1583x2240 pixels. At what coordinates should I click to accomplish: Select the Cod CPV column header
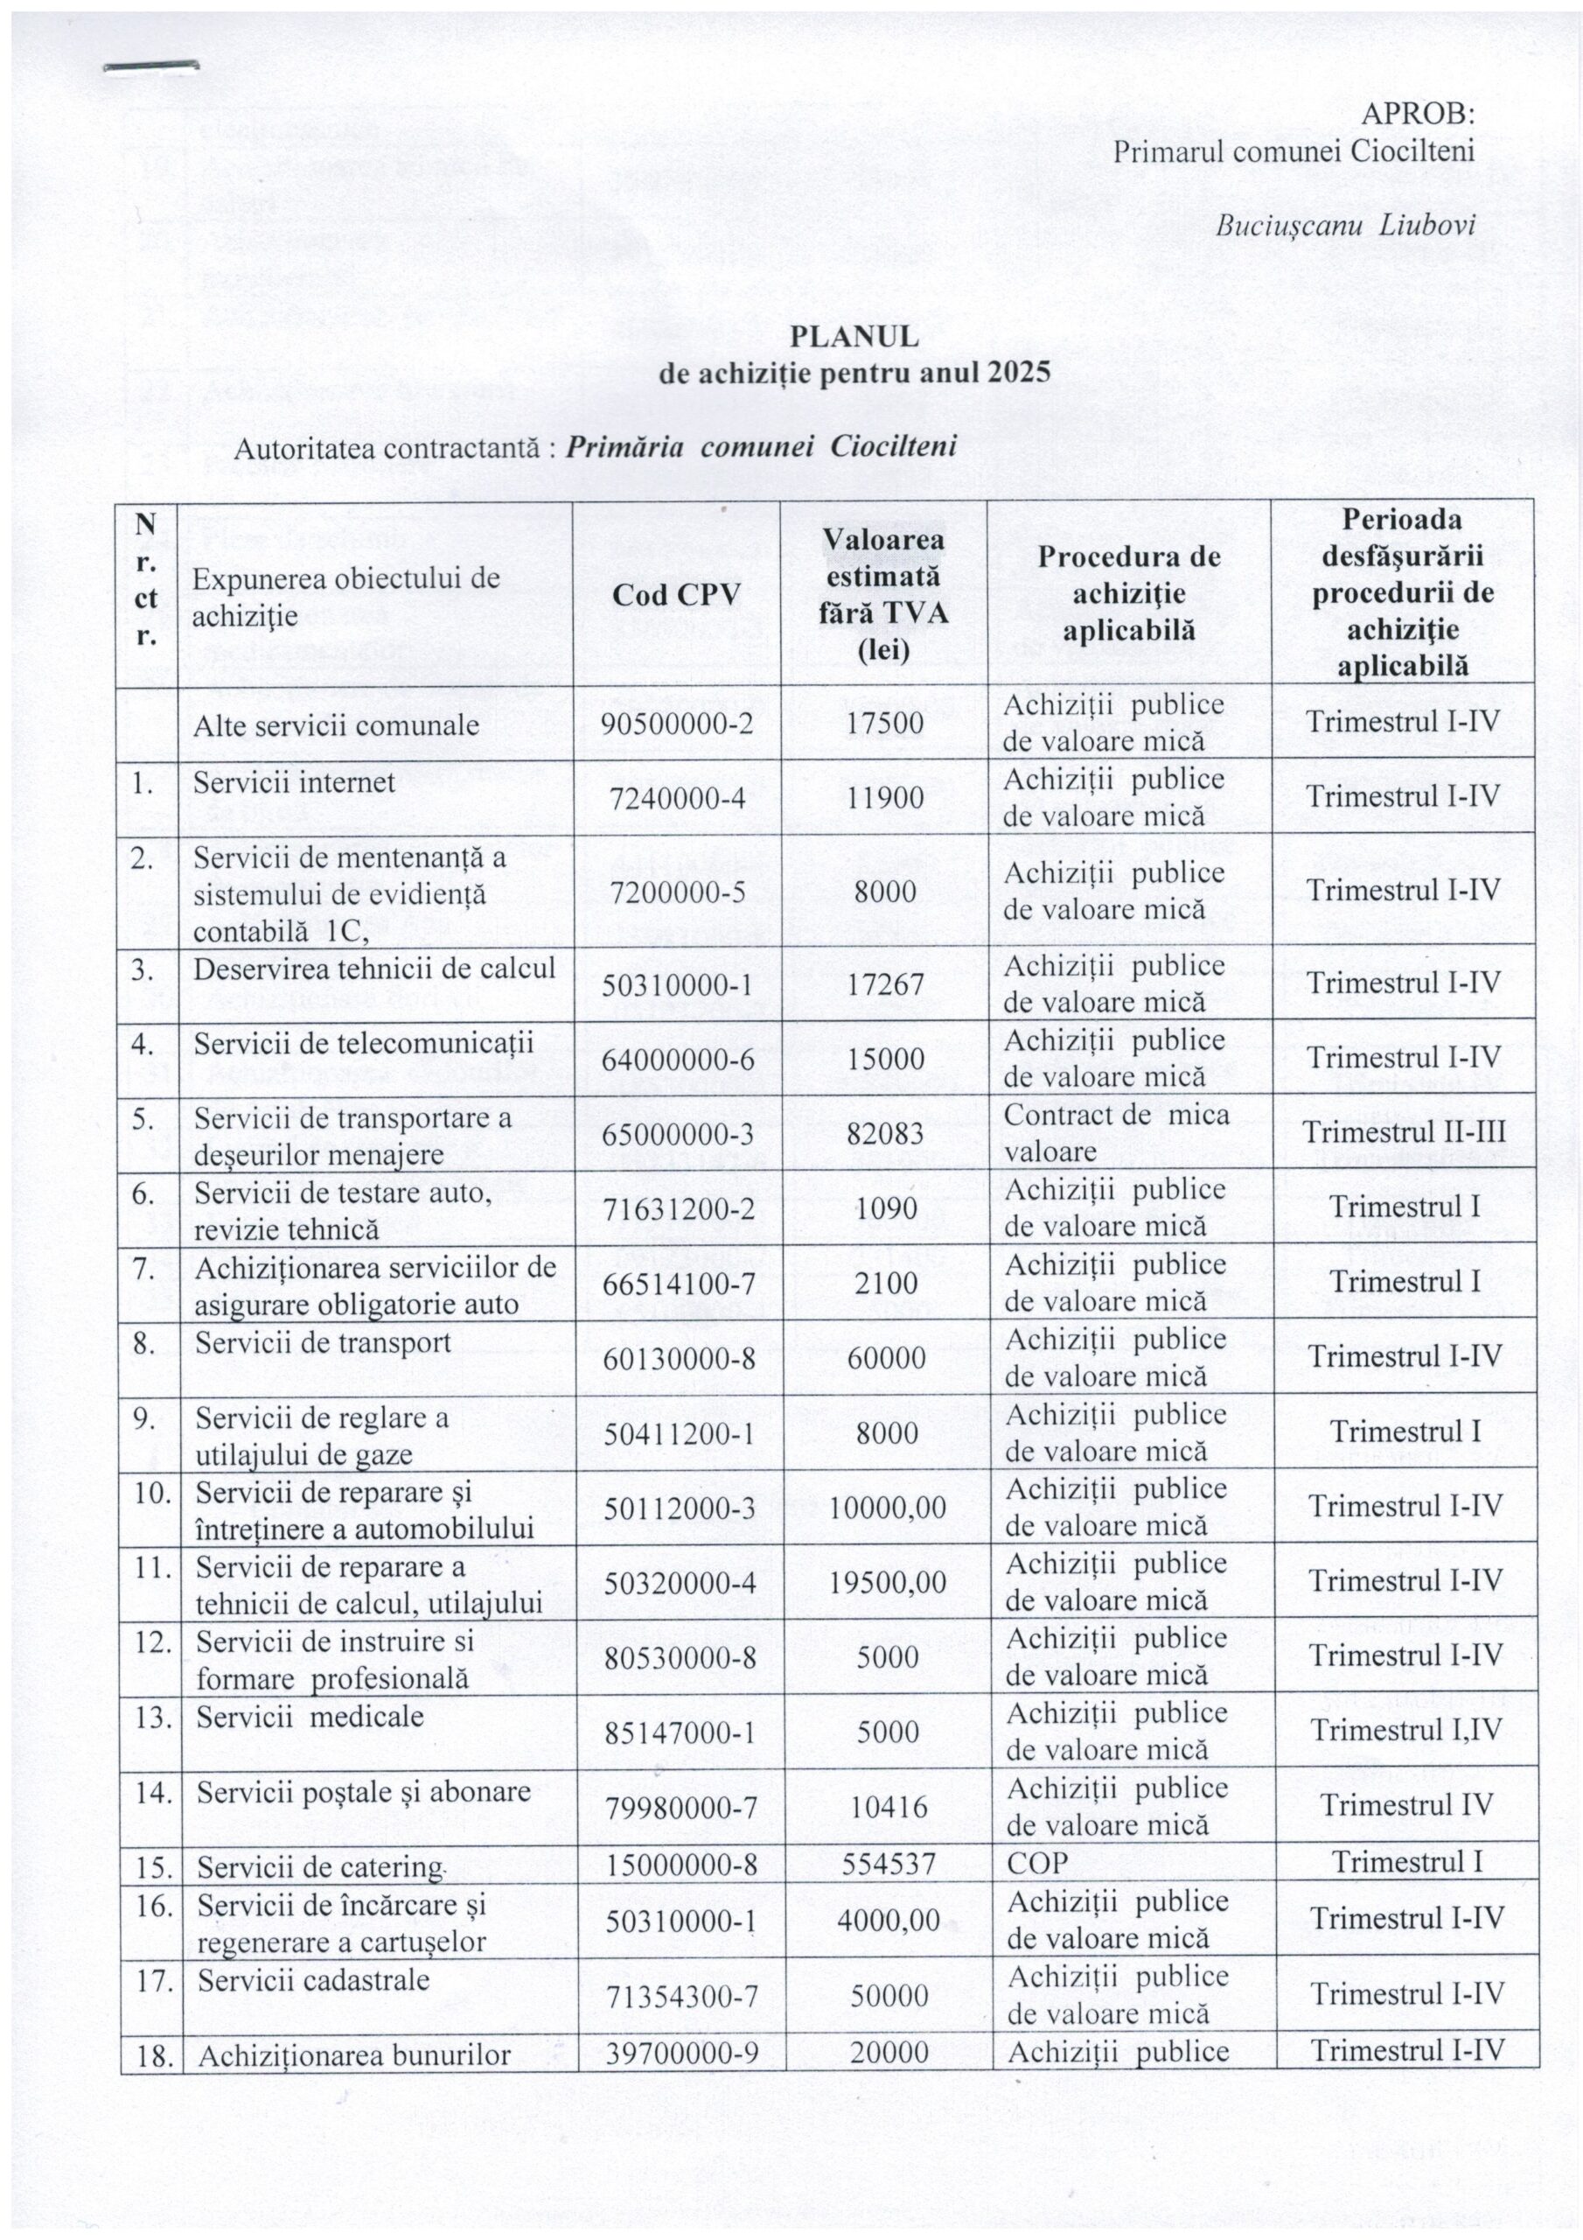tap(676, 594)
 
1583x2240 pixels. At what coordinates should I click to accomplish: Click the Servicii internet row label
tap(294, 782)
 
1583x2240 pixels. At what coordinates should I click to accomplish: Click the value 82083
tap(885, 1134)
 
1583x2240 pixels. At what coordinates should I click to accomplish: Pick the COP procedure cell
tap(1036, 1864)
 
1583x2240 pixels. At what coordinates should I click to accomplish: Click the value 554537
tap(885, 1864)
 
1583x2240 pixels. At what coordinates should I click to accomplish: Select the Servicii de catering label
tap(319, 1866)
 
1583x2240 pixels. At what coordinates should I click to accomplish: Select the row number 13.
tap(153, 1716)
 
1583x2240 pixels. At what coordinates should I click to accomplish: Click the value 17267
tap(885, 984)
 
